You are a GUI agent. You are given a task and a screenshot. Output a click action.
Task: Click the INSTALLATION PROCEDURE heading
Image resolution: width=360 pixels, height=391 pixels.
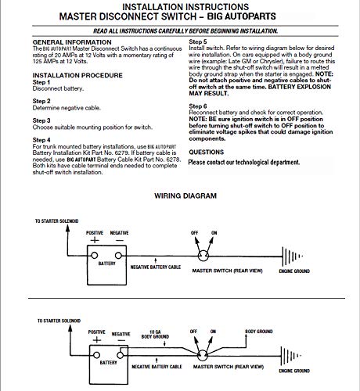coord(80,75)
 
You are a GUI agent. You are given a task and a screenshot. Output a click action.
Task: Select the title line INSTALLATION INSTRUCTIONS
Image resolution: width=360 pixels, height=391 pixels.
coord(179,5)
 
